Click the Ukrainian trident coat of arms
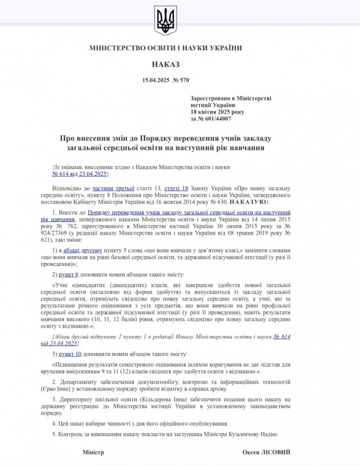(x=165, y=21)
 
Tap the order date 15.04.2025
(x=155, y=80)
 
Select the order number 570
(x=184, y=80)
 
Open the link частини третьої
(x=110, y=187)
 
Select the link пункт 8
(x=70, y=274)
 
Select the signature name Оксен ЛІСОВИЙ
(x=266, y=452)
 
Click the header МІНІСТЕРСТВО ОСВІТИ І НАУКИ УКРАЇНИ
(x=165, y=48)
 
